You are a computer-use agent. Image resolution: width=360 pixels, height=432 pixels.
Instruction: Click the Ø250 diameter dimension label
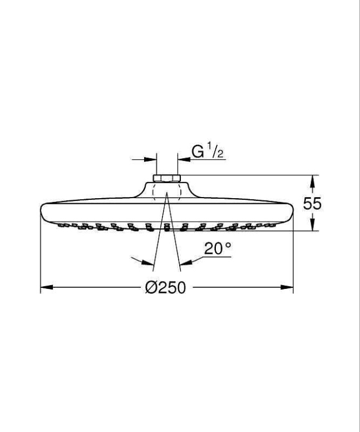tap(166, 288)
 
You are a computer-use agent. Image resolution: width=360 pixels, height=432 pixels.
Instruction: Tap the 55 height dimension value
tap(312, 204)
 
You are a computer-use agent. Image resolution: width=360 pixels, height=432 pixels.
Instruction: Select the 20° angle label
tap(218, 248)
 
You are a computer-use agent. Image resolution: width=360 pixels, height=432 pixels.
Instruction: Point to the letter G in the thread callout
tap(198, 152)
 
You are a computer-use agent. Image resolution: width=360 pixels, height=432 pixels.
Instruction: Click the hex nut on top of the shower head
tap(167, 178)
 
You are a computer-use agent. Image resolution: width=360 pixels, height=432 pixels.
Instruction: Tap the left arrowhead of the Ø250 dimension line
tap(47, 287)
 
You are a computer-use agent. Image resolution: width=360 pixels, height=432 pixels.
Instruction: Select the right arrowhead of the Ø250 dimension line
tap(287, 287)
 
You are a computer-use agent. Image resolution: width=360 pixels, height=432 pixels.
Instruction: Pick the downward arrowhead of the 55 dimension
tap(312, 224)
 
